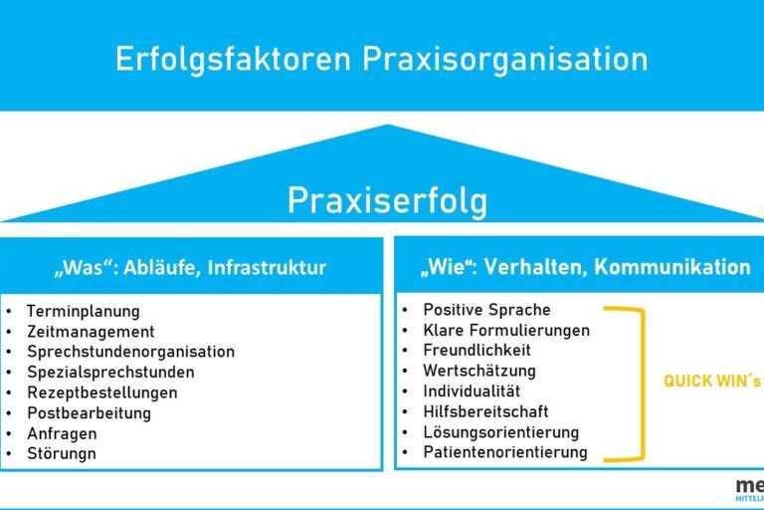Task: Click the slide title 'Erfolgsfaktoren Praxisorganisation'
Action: click(381, 58)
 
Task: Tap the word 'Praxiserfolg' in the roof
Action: click(387, 201)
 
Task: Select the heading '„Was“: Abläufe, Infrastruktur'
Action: click(189, 267)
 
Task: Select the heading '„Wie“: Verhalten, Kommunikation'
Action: click(585, 267)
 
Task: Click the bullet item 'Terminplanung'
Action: click(83, 311)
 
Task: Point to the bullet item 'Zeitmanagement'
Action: click(90, 332)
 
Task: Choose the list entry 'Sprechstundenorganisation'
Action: click(130, 352)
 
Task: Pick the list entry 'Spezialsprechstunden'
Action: click(109, 372)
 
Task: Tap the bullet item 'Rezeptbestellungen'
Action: click(101, 392)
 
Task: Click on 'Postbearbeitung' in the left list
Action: click(89, 412)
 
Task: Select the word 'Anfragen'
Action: click(61, 433)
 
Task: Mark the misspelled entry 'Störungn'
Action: click(62, 453)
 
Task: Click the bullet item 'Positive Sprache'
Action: click(486, 310)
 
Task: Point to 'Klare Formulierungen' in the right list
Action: click(505, 330)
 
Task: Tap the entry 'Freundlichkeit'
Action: click(477, 351)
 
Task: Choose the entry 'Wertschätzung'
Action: click(478, 371)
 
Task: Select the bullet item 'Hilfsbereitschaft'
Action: click(485, 411)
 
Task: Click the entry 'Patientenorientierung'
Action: click(504, 452)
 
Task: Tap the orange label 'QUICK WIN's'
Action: click(712, 382)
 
